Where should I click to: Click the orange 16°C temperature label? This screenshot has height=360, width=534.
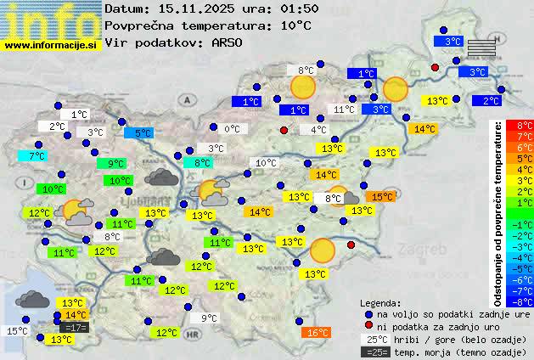click(x=316, y=333)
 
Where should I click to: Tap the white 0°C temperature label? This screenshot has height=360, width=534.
click(x=232, y=130)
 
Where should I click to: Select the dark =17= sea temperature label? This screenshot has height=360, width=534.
click(x=74, y=328)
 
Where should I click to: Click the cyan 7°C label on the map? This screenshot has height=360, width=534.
click(x=36, y=156)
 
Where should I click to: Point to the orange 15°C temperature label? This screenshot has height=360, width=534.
click(x=381, y=197)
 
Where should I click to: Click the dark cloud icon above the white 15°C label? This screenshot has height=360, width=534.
click(x=31, y=299)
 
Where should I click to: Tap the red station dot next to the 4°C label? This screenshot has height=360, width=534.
click(x=284, y=130)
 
